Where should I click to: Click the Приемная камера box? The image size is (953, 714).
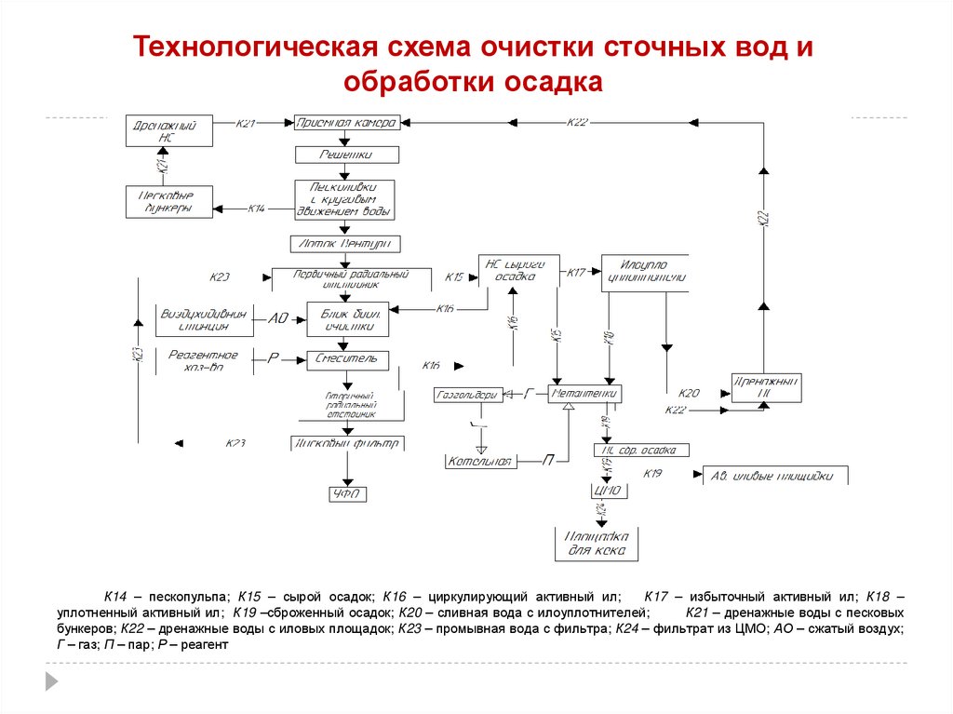pyautogui.click(x=347, y=123)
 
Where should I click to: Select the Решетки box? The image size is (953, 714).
pyautogui.click(x=347, y=155)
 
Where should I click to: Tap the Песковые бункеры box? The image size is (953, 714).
pyautogui.click(x=168, y=202)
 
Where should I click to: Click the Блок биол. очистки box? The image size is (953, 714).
pyautogui.click(x=347, y=319)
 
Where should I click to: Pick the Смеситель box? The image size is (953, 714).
pyautogui.click(x=345, y=358)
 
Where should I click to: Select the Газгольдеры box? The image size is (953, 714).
pyautogui.click(x=468, y=396)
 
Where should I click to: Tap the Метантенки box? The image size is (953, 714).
pyautogui.click(x=584, y=395)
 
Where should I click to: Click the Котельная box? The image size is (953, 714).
pyautogui.click(x=481, y=461)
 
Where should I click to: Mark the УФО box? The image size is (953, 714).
pyautogui.click(x=345, y=494)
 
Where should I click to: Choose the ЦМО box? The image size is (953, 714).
pyautogui.click(x=607, y=491)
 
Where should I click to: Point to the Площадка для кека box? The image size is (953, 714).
pyautogui.click(x=597, y=544)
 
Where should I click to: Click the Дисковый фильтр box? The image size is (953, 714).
pyautogui.click(x=345, y=444)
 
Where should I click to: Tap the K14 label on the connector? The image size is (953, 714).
pyautogui.click(x=257, y=209)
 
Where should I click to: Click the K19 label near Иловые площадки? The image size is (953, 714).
pyautogui.click(x=652, y=474)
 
